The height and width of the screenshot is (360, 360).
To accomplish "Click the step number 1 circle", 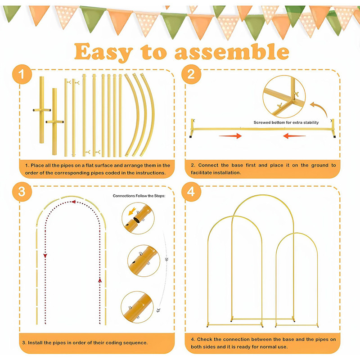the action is point(22,74).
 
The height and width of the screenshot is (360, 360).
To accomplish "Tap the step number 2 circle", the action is point(191,74).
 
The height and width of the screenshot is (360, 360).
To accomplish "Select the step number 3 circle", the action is point(22,192).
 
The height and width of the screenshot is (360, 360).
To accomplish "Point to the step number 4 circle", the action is point(191,192).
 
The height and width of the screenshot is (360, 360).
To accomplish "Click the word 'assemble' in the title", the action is point(232,52).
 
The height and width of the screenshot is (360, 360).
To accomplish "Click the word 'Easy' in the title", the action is point(104,52).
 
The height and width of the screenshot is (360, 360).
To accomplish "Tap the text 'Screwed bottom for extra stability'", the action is point(286,122).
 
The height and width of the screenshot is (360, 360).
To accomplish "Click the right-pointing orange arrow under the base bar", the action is point(230,136).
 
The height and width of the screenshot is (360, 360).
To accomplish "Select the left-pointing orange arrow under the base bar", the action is point(294,136).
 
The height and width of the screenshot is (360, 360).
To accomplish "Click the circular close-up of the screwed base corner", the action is point(284,97).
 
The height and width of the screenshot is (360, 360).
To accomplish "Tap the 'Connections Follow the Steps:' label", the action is point(139,196).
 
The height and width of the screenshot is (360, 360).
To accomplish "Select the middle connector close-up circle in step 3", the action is point(144,261).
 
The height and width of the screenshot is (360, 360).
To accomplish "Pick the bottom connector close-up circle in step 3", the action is point(137,307).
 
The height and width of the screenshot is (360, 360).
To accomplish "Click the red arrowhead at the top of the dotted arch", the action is point(73,202).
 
